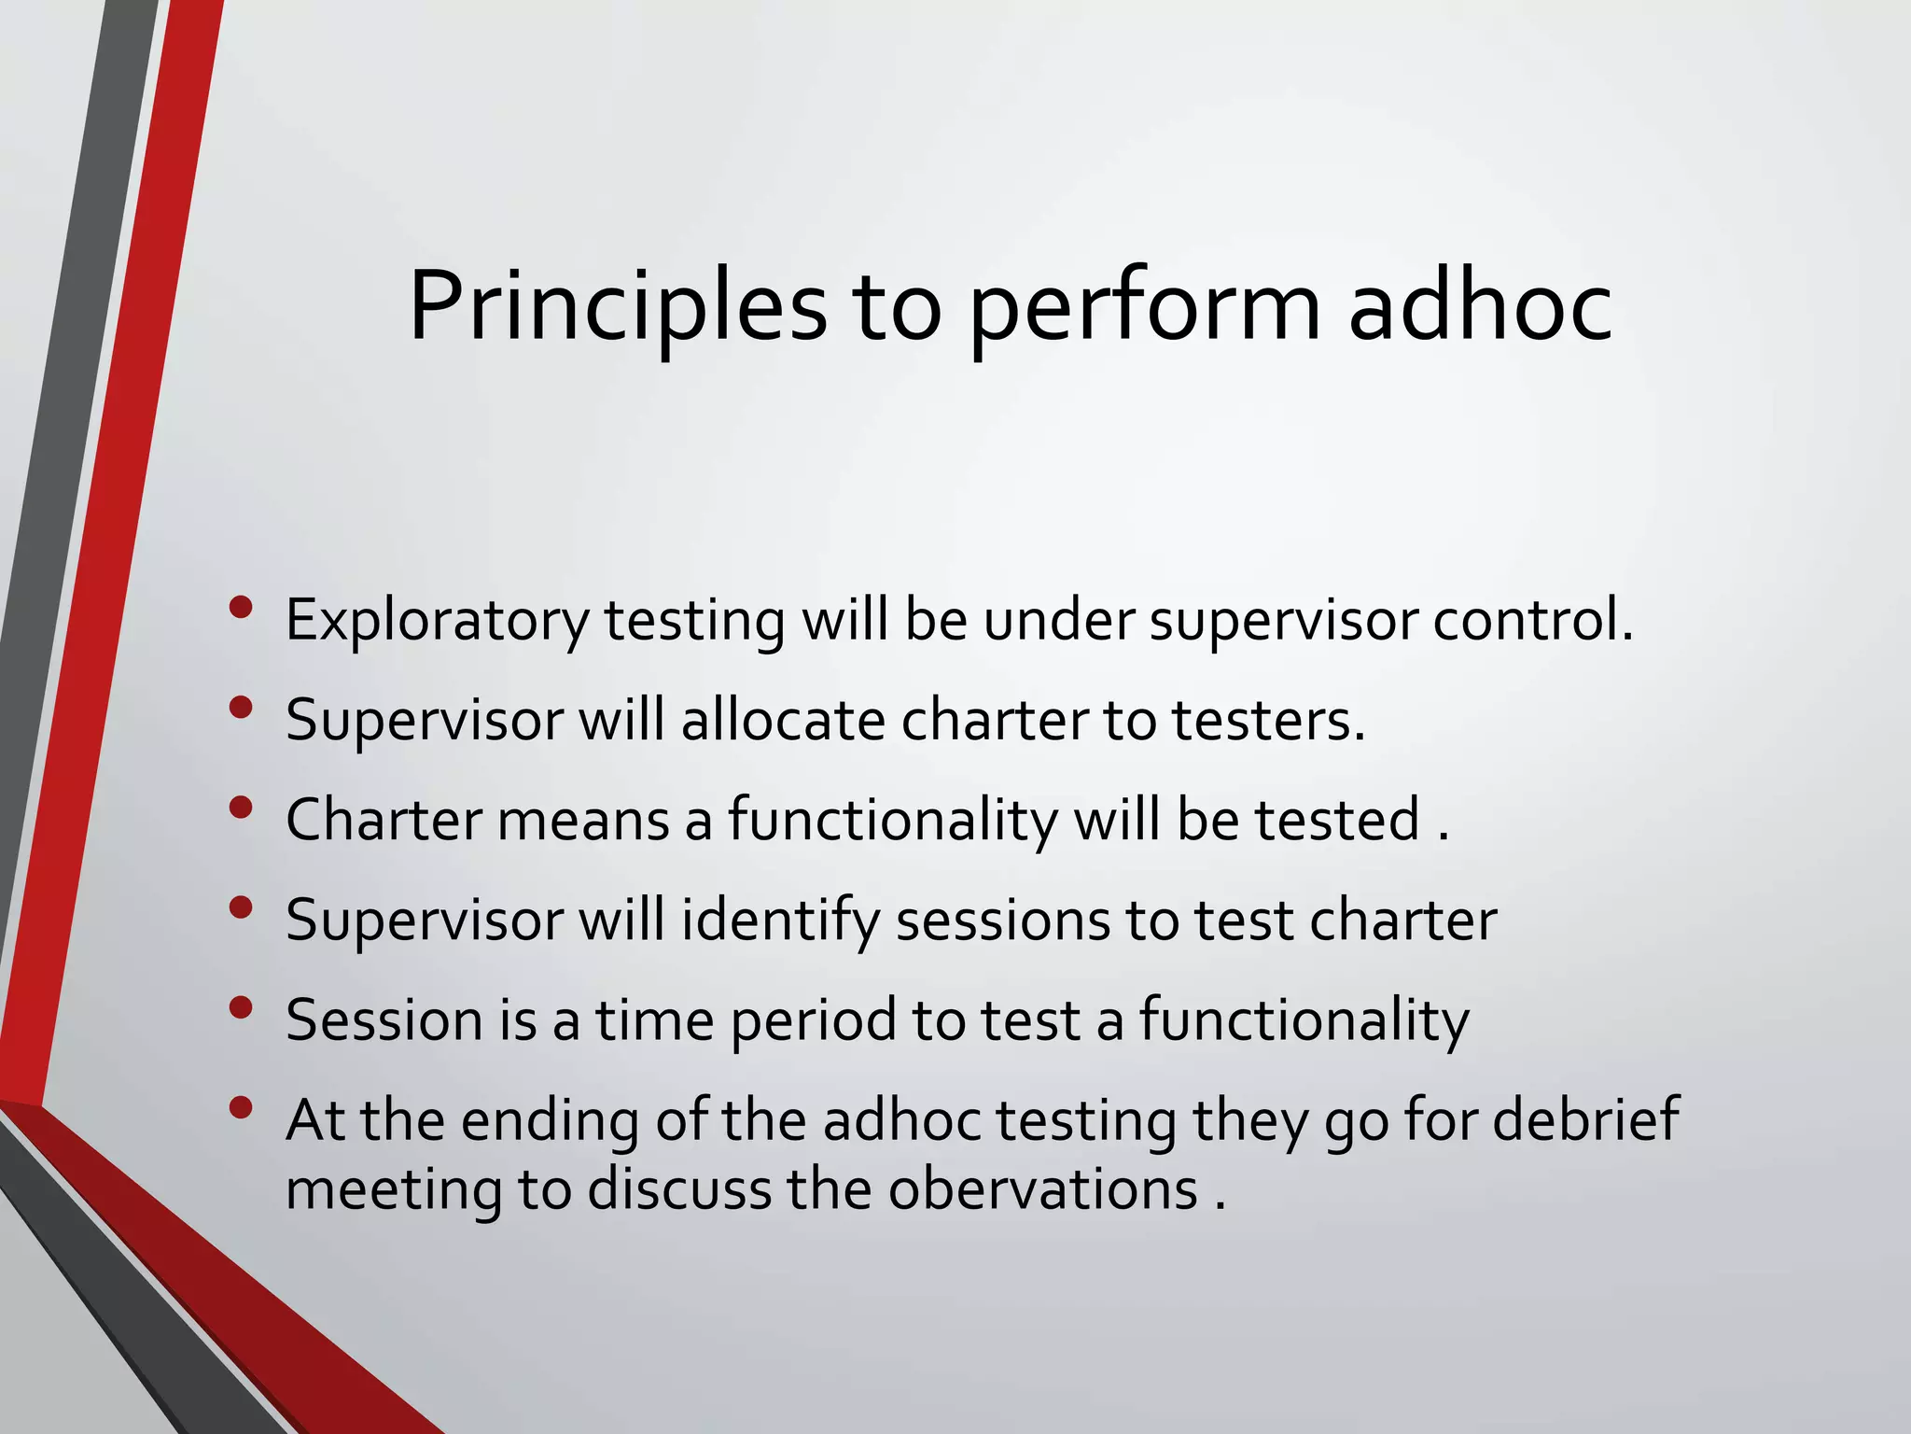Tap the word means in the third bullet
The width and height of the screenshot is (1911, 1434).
tap(583, 820)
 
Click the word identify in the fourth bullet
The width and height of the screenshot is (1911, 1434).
tap(780, 921)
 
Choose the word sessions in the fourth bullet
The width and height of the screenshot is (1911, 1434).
tap(1003, 920)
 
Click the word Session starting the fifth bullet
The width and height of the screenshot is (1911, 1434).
tap(384, 1019)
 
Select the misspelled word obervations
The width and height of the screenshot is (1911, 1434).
tap(1042, 1190)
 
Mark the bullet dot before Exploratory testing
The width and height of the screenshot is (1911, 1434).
tap(241, 608)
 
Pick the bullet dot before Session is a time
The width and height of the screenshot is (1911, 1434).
tap(241, 1007)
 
